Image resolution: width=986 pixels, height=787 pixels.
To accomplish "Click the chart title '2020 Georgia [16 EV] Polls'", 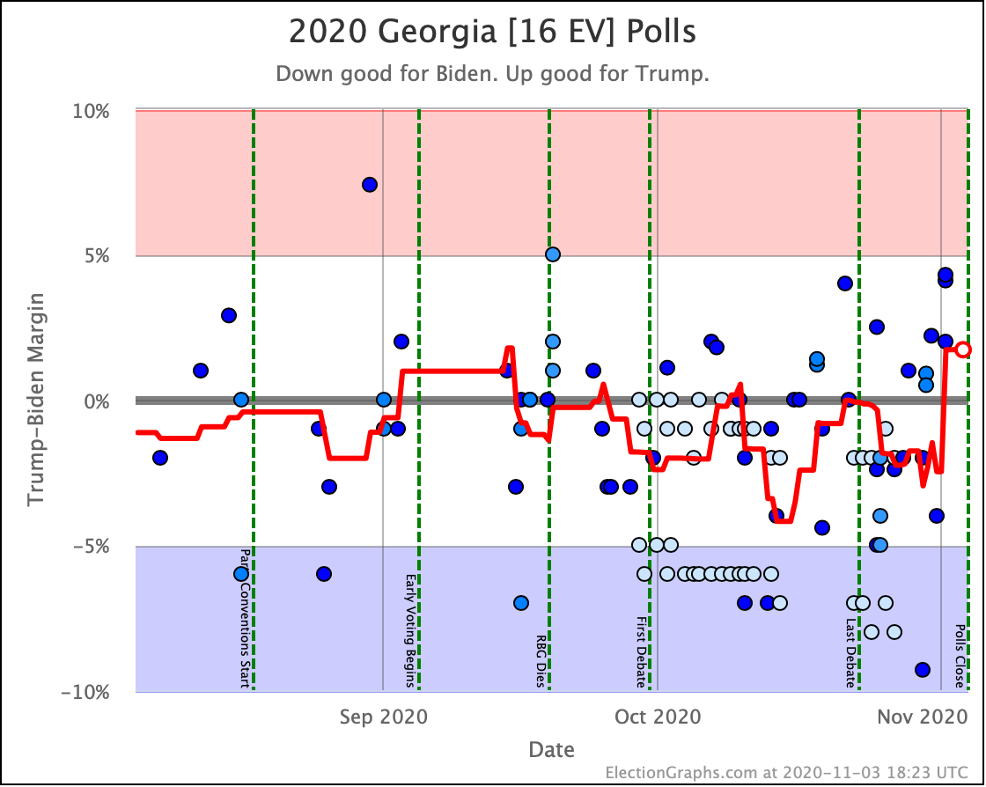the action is (x=492, y=32).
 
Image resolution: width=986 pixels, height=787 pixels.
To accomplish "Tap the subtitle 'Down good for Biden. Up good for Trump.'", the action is (x=492, y=74).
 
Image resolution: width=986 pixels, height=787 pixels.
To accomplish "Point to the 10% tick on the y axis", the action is (x=91, y=111).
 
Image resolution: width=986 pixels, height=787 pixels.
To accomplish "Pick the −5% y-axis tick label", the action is (x=91, y=547).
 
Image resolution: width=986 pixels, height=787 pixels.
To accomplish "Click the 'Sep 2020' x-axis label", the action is (x=384, y=717).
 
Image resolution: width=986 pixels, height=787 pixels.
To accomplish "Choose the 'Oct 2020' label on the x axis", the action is (x=658, y=717).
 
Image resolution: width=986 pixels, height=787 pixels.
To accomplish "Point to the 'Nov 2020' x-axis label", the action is (x=923, y=717).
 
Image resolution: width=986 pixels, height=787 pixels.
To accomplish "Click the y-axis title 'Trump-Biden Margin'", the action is (x=36, y=399).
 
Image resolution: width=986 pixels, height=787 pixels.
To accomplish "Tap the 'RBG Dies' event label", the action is (x=541, y=660).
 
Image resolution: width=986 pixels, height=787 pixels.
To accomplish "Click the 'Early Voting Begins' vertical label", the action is (x=410, y=630).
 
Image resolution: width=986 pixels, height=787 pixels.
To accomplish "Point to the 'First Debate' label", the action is (x=641, y=651).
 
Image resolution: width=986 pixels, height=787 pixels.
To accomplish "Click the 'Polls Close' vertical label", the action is (x=960, y=656).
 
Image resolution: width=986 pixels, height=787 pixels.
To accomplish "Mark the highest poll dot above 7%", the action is (x=370, y=185).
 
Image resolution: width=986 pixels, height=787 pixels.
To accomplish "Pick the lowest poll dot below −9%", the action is (x=923, y=669).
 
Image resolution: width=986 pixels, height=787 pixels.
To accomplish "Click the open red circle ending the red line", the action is (x=963, y=349).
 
